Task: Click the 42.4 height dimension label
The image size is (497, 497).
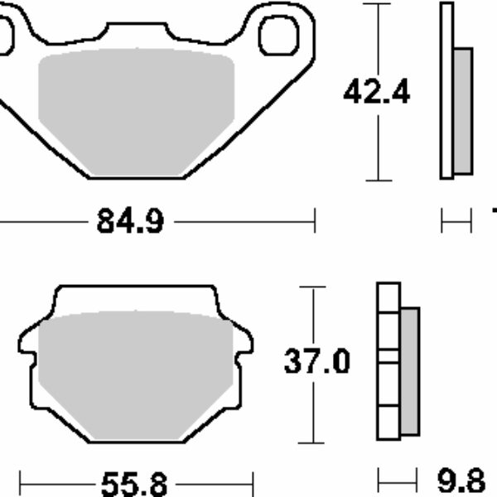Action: click(377, 92)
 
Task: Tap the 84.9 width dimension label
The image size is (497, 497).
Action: click(130, 221)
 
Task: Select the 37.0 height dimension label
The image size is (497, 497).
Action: click(317, 361)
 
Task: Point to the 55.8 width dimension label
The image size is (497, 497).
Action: click(134, 484)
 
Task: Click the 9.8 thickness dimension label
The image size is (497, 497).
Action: click(461, 481)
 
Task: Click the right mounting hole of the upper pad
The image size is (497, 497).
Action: click(278, 36)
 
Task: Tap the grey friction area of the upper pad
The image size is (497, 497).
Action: click(137, 112)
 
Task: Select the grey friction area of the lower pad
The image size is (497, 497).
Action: click(136, 375)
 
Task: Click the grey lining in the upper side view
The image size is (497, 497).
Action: click(463, 111)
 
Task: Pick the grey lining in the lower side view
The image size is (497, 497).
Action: click(410, 371)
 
